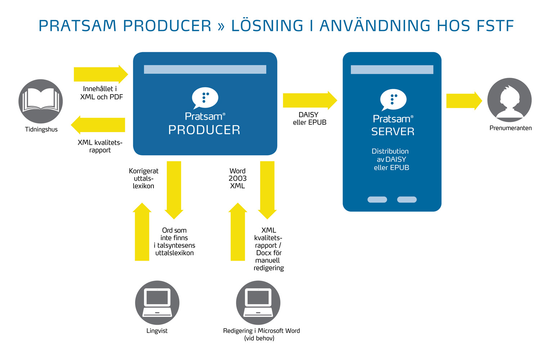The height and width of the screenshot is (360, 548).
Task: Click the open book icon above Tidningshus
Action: [41, 101]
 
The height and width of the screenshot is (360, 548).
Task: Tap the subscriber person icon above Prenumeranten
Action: [509, 100]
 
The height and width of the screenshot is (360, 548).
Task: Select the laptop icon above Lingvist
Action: [157, 303]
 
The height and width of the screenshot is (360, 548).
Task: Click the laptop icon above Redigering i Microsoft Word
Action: [258, 303]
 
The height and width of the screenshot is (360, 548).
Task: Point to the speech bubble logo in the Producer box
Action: [205, 98]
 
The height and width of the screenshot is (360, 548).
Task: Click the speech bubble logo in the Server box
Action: [393, 99]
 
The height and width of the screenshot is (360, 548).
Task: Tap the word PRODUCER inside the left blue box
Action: [204, 130]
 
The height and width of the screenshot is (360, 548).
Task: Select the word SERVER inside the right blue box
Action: [393, 132]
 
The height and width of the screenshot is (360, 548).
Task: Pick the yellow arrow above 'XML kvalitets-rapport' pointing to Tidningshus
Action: [98, 125]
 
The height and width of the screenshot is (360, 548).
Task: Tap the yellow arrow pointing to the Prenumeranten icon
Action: [464, 101]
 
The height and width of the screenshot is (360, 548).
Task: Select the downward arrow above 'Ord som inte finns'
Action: [174, 189]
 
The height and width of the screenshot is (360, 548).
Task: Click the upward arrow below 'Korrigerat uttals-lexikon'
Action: [142, 232]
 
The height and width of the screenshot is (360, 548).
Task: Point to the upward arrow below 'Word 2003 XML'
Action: [238, 232]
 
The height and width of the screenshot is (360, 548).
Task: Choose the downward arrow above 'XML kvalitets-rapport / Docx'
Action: [267, 189]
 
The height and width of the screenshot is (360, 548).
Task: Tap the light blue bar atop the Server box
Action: [392, 69]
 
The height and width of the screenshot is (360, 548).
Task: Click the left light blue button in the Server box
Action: [377, 199]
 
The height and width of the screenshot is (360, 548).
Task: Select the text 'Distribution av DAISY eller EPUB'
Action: [391, 159]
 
